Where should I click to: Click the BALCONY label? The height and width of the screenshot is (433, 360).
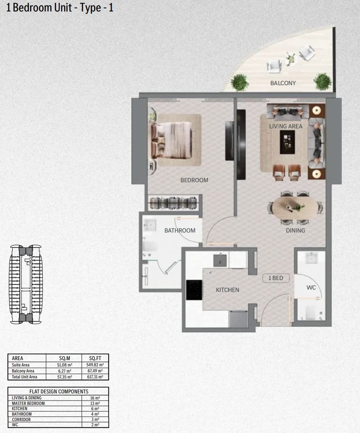pyautogui.click(x=283, y=83)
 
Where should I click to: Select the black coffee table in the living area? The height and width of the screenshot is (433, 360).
pyautogui.click(x=287, y=142)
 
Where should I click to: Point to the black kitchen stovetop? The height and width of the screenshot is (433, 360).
pyautogui.click(x=194, y=290)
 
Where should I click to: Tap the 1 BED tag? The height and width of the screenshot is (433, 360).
pyautogui.click(x=276, y=278)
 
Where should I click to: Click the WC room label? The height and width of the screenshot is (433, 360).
pyautogui.click(x=311, y=288)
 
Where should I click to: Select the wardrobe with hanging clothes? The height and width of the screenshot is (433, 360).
pyautogui.click(x=173, y=203)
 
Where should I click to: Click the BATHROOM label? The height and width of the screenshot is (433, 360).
pyautogui.click(x=180, y=231)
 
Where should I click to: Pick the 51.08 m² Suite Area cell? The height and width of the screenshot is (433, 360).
pyautogui.click(x=65, y=365)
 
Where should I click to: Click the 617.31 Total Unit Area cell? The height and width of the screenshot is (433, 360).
pyautogui.click(x=95, y=377)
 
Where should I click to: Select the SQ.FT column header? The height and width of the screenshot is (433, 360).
pyautogui.click(x=95, y=358)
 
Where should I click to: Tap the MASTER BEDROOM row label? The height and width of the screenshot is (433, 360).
pyautogui.click(x=28, y=403)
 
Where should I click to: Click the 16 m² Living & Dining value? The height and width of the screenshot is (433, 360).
pyautogui.click(x=95, y=398)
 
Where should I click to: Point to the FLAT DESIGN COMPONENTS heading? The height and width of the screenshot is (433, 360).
pyautogui.click(x=59, y=391)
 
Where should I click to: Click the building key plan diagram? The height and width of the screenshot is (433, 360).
pyautogui.click(x=26, y=284)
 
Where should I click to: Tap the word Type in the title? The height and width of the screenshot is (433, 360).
pyautogui.click(x=90, y=8)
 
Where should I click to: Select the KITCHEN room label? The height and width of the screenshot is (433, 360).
pyautogui.click(x=227, y=290)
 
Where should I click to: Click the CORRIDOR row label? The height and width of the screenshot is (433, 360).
pyautogui.click(x=21, y=420)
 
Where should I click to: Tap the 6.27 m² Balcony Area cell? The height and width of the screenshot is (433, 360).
pyautogui.click(x=65, y=371)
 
